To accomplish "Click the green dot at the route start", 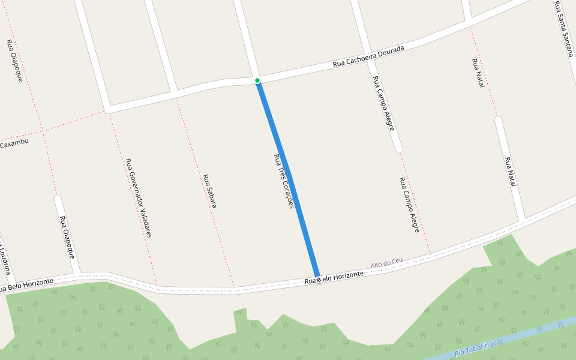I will click(x=257, y=80).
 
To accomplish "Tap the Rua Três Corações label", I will click(x=283, y=181).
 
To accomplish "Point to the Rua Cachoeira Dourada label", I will click(x=368, y=55).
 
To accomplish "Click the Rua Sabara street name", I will click(x=209, y=191).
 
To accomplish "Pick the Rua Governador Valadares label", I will click(x=138, y=197).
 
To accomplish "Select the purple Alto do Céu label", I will click(x=386, y=263).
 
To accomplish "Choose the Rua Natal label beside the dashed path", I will click(x=478, y=73).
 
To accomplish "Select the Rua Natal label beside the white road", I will click(x=510, y=172).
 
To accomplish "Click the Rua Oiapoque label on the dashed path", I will click(x=14, y=60).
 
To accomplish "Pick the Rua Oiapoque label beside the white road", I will click(x=67, y=236).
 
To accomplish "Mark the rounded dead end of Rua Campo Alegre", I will click(x=398, y=149).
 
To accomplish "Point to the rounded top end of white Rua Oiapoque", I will click(x=58, y=198).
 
